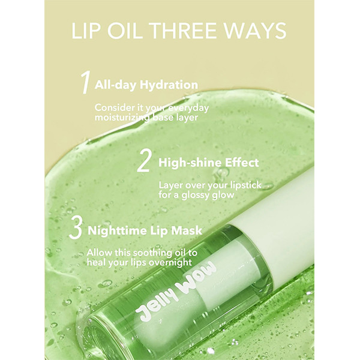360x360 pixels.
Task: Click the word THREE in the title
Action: pos(183,31)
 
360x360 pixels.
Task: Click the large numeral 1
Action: pos(85,82)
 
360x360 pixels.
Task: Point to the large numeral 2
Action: pos(144,161)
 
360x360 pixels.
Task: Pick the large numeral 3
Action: pos(76,228)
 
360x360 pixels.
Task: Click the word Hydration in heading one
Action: pos(169,85)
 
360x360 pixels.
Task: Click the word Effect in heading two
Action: pos(242,163)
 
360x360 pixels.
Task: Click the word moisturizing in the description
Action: pos(123,118)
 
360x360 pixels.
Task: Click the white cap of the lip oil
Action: pos(278,230)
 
